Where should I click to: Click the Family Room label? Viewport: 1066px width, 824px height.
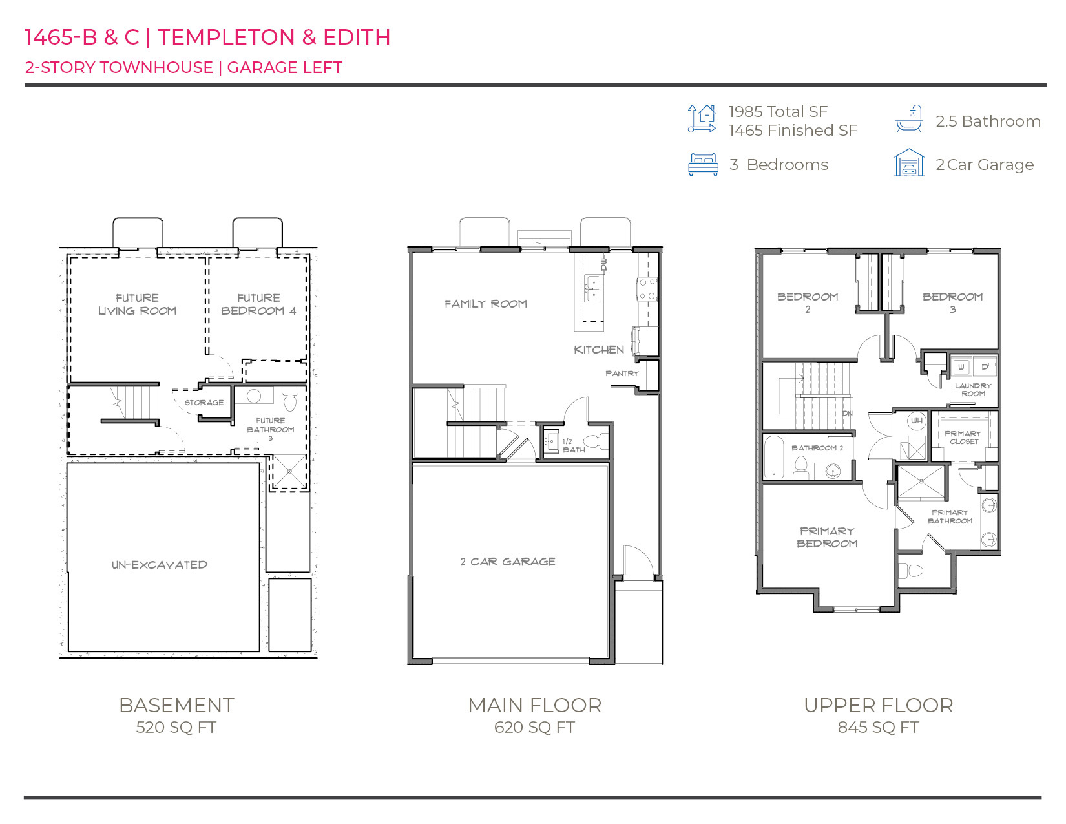click(x=485, y=304)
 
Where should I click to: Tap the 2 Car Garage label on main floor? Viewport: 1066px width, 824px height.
click(x=508, y=562)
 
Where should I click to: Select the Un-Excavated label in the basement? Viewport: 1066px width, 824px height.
click(x=160, y=565)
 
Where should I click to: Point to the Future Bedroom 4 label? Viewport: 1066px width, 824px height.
click(x=258, y=304)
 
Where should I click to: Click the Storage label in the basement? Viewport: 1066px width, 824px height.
click(x=204, y=403)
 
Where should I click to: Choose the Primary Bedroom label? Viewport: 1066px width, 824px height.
click(x=827, y=537)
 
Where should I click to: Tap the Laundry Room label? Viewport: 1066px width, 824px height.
click(x=973, y=390)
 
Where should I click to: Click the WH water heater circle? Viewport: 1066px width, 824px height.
click(x=916, y=421)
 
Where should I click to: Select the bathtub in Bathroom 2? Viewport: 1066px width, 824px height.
click(x=773, y=458)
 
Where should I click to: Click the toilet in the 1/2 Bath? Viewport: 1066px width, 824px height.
click(x=601, y=441)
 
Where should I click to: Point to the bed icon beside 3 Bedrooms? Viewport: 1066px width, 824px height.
click(x=703, y=165)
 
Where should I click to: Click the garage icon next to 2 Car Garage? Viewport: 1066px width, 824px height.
click(x=909, y=163)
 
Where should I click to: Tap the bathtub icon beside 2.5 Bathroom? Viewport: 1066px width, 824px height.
click(x=909, y=120)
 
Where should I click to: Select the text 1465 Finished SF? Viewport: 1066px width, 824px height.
click(x=793, y=131)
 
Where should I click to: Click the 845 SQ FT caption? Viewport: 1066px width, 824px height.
click(x=878, y=727)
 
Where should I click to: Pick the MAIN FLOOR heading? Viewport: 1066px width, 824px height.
click(x=534, y=705)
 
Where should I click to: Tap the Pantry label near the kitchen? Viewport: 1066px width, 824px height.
click(x=622, y=374)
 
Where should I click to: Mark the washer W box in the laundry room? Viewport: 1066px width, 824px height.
click(x=961, y=367)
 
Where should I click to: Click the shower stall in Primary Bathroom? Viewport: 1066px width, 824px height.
click(x=921, y=482)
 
